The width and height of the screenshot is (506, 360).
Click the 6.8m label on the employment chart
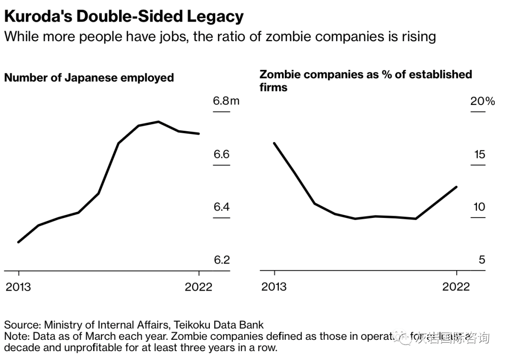(226, 101)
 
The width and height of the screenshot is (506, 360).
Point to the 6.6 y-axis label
(222, 154)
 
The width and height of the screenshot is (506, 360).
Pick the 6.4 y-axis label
(222, 207)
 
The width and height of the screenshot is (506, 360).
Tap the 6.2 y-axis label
(222, 260)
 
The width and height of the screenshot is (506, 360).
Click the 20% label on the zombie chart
(483, 101)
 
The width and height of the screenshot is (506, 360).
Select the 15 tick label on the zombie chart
(479, 154)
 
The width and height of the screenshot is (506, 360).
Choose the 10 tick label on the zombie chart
(479, 207)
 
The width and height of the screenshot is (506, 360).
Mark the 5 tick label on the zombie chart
(482, 260)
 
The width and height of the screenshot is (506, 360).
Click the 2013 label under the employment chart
(18, 286)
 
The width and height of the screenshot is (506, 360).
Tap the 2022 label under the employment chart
(199, 286)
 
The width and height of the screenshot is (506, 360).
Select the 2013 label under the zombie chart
(274, 286)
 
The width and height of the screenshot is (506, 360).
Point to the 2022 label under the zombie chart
(456, 286)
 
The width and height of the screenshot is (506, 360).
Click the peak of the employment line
(159, 122)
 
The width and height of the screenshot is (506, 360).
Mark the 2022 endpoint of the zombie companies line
(456, 187)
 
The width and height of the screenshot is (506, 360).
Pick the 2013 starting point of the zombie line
(274, 143)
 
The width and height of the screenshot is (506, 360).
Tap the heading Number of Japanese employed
(89, 78)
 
